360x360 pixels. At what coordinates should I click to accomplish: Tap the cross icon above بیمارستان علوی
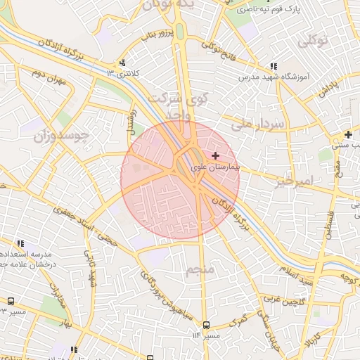click(215, 155)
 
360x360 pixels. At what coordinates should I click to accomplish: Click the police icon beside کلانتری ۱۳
click(123, 63)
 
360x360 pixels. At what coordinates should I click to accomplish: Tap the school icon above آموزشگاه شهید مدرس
click(272, 67)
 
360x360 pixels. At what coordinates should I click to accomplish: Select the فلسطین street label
click(329, 218)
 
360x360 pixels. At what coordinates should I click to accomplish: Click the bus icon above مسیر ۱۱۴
click(206, 325)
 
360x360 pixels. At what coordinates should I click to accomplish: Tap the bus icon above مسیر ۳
click(12, 301)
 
